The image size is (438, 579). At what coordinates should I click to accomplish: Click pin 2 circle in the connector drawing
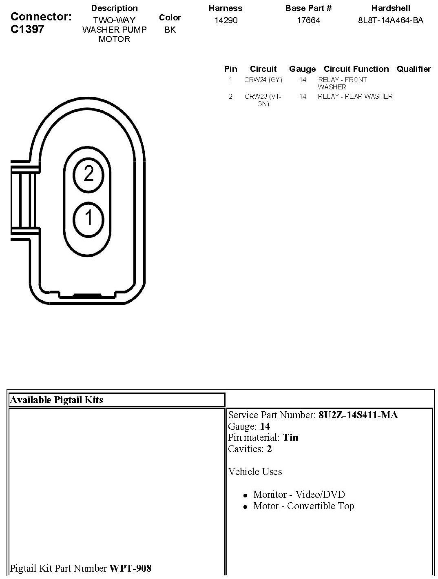88,175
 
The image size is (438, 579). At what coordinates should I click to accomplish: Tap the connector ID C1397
27,29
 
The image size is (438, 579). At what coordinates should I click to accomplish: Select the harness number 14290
226,20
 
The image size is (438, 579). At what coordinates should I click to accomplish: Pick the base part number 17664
308,20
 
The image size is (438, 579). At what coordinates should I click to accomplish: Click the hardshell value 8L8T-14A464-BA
390,20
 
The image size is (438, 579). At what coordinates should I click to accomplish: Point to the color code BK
170,30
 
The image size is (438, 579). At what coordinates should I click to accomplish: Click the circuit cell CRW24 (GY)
263,80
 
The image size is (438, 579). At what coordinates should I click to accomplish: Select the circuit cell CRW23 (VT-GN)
263,100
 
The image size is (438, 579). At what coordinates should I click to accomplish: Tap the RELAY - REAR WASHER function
355,97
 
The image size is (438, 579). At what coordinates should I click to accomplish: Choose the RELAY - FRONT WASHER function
342,83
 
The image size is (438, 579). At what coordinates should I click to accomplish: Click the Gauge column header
302,69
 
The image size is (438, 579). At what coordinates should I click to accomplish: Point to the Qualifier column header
414,69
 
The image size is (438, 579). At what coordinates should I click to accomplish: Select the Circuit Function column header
356,69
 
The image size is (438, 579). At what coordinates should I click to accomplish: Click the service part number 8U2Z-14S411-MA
358,415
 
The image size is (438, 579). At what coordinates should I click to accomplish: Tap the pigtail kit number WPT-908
131,568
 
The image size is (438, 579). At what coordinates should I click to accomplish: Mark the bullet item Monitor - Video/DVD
299,495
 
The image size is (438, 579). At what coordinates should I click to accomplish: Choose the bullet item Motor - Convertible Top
303,506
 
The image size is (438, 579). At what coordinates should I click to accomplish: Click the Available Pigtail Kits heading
56,400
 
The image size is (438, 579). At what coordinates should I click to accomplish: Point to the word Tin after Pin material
290,437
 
